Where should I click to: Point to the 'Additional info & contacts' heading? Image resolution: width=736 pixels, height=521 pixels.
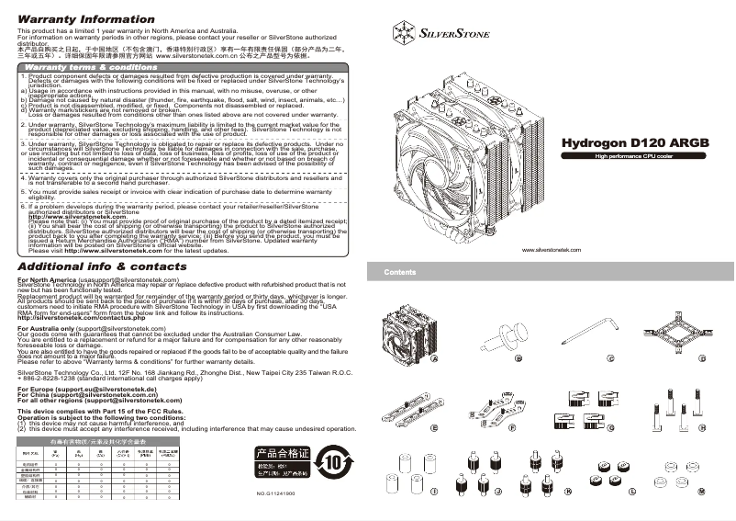(x=115, y=266)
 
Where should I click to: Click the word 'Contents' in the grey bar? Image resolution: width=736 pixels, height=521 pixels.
(x=400, y=272)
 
